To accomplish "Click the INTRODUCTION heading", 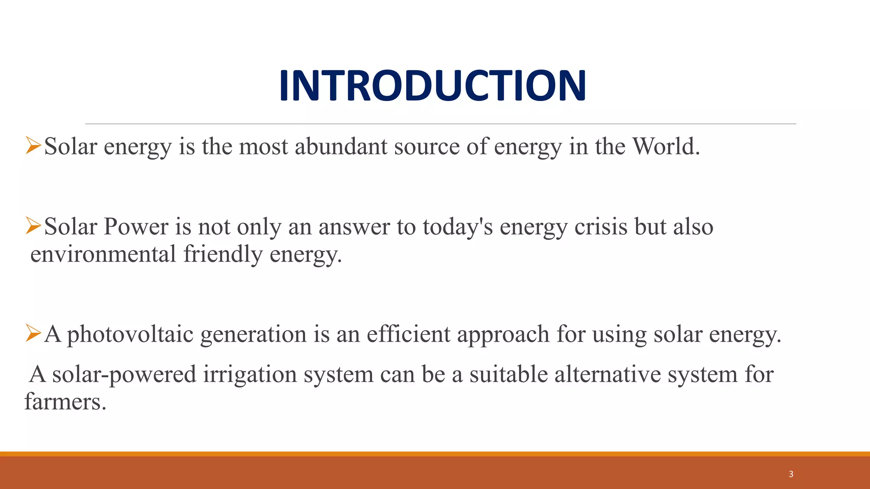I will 432,86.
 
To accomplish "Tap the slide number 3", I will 791,474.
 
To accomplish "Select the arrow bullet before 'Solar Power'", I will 33,225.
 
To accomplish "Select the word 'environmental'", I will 103,254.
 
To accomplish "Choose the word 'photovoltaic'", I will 130,334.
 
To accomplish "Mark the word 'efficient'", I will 408,334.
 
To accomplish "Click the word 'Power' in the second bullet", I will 136,227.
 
